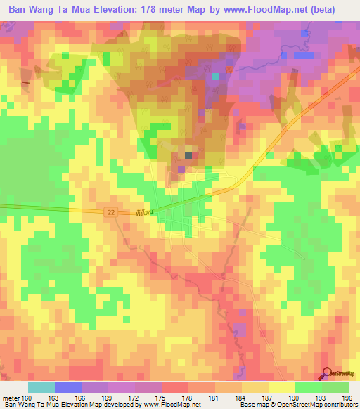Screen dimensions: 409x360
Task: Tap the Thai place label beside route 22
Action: (142, 211)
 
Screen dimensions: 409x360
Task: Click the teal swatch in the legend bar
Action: (41, 387)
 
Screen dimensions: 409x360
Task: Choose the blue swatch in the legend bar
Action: (67, 387)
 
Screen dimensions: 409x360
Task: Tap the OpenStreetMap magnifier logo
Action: (328, 374)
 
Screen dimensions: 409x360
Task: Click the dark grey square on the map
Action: (188, 155)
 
